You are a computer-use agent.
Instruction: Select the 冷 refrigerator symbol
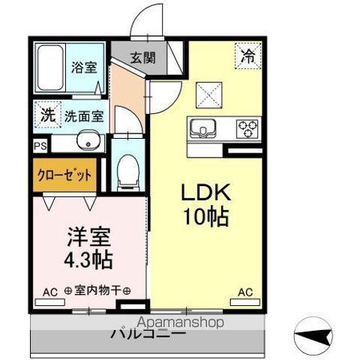(247, 54)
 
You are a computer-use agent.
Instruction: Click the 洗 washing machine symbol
(47, 116)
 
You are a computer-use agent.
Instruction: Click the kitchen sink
(202, 129)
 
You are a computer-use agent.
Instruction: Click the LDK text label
(202, 193)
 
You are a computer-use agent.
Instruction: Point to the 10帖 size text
(202, 218)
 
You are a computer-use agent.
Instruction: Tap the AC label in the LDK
(244, 292)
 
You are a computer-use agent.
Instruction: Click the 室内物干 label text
(97, 291)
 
